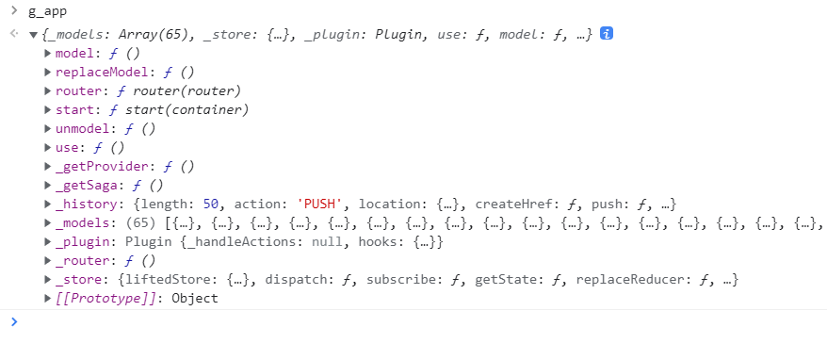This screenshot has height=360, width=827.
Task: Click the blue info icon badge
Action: tap(608, 34)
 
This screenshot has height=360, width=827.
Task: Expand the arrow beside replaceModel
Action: tap(48, 72)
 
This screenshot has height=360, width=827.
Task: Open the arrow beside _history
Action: tap(48, 204)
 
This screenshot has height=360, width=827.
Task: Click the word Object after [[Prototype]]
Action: tap(194, 298)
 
